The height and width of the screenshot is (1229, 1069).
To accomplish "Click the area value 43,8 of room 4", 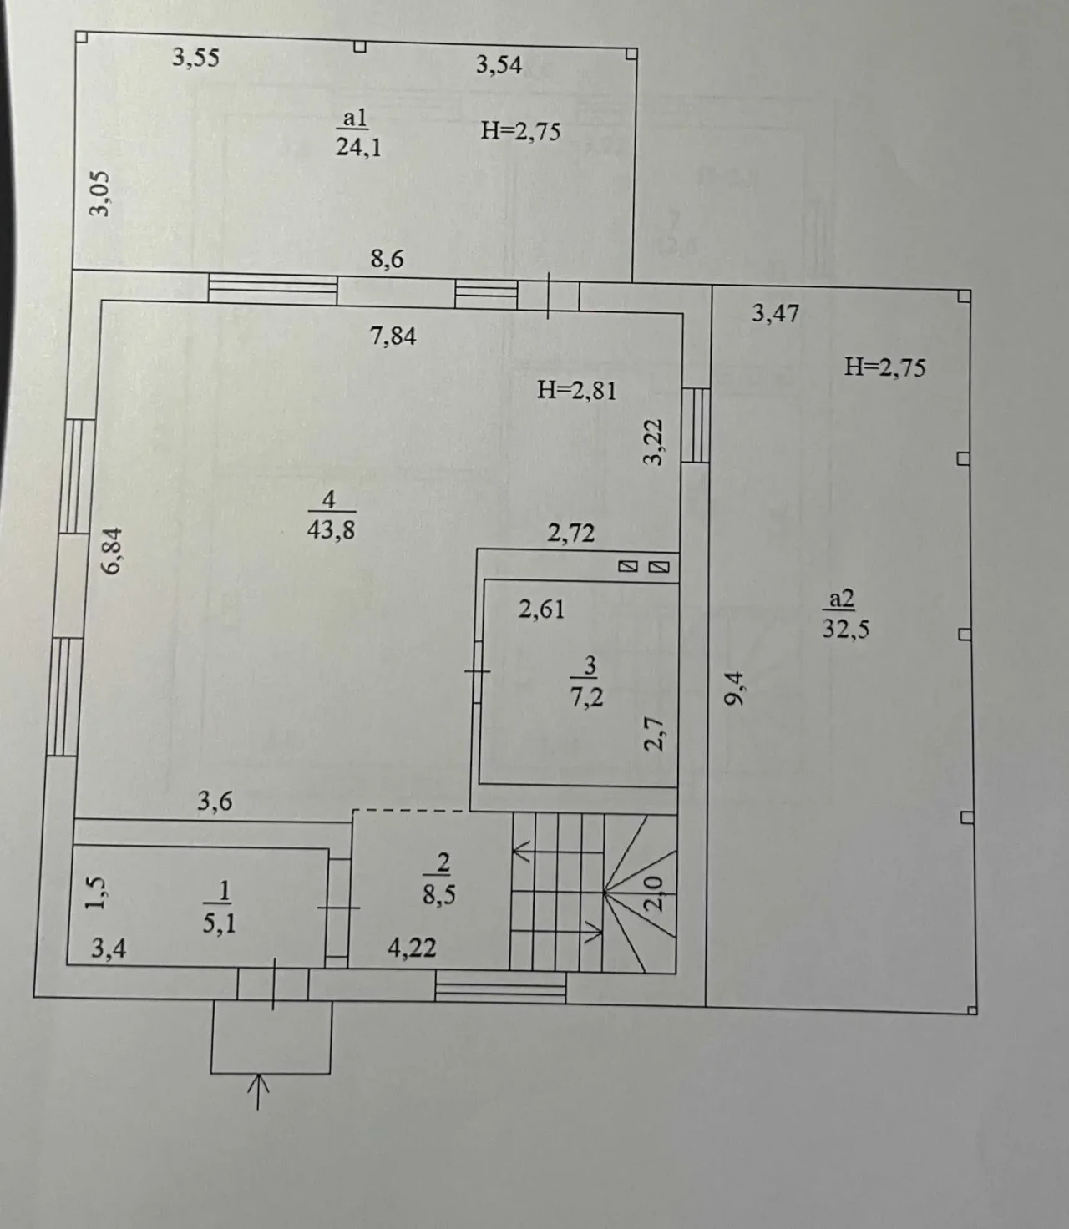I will coord(331,529).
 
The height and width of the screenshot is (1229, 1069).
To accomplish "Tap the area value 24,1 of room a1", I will coord(358,147).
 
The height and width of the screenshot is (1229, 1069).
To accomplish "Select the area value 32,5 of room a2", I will coord(845,628).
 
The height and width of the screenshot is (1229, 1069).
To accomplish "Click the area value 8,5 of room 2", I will coord(439,895).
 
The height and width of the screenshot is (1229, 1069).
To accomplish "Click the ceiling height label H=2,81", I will coord(576,390).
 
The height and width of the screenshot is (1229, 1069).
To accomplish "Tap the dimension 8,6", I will coord(387,260).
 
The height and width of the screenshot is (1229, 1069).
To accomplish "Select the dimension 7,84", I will coord(393,336).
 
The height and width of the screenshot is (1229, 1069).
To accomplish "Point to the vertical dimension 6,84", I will coord(112,549).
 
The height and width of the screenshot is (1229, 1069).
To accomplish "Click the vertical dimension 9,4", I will coord(734,690).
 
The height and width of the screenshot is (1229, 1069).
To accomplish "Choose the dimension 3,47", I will coord(775,314).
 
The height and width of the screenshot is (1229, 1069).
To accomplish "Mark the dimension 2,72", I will coord(571,534).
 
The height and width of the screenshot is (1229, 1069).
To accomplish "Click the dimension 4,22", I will coord(412,948).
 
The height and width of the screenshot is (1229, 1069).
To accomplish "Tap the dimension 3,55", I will coord(195,58).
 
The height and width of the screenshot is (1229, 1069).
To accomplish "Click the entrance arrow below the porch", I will coord(259,1091).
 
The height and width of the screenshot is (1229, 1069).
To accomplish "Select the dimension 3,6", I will coord(215,802).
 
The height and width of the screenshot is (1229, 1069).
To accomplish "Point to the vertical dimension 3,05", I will coord(99,193).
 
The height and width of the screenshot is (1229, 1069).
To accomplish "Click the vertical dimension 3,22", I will coord(654,442).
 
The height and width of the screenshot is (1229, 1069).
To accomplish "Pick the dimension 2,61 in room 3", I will coord(541,609).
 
